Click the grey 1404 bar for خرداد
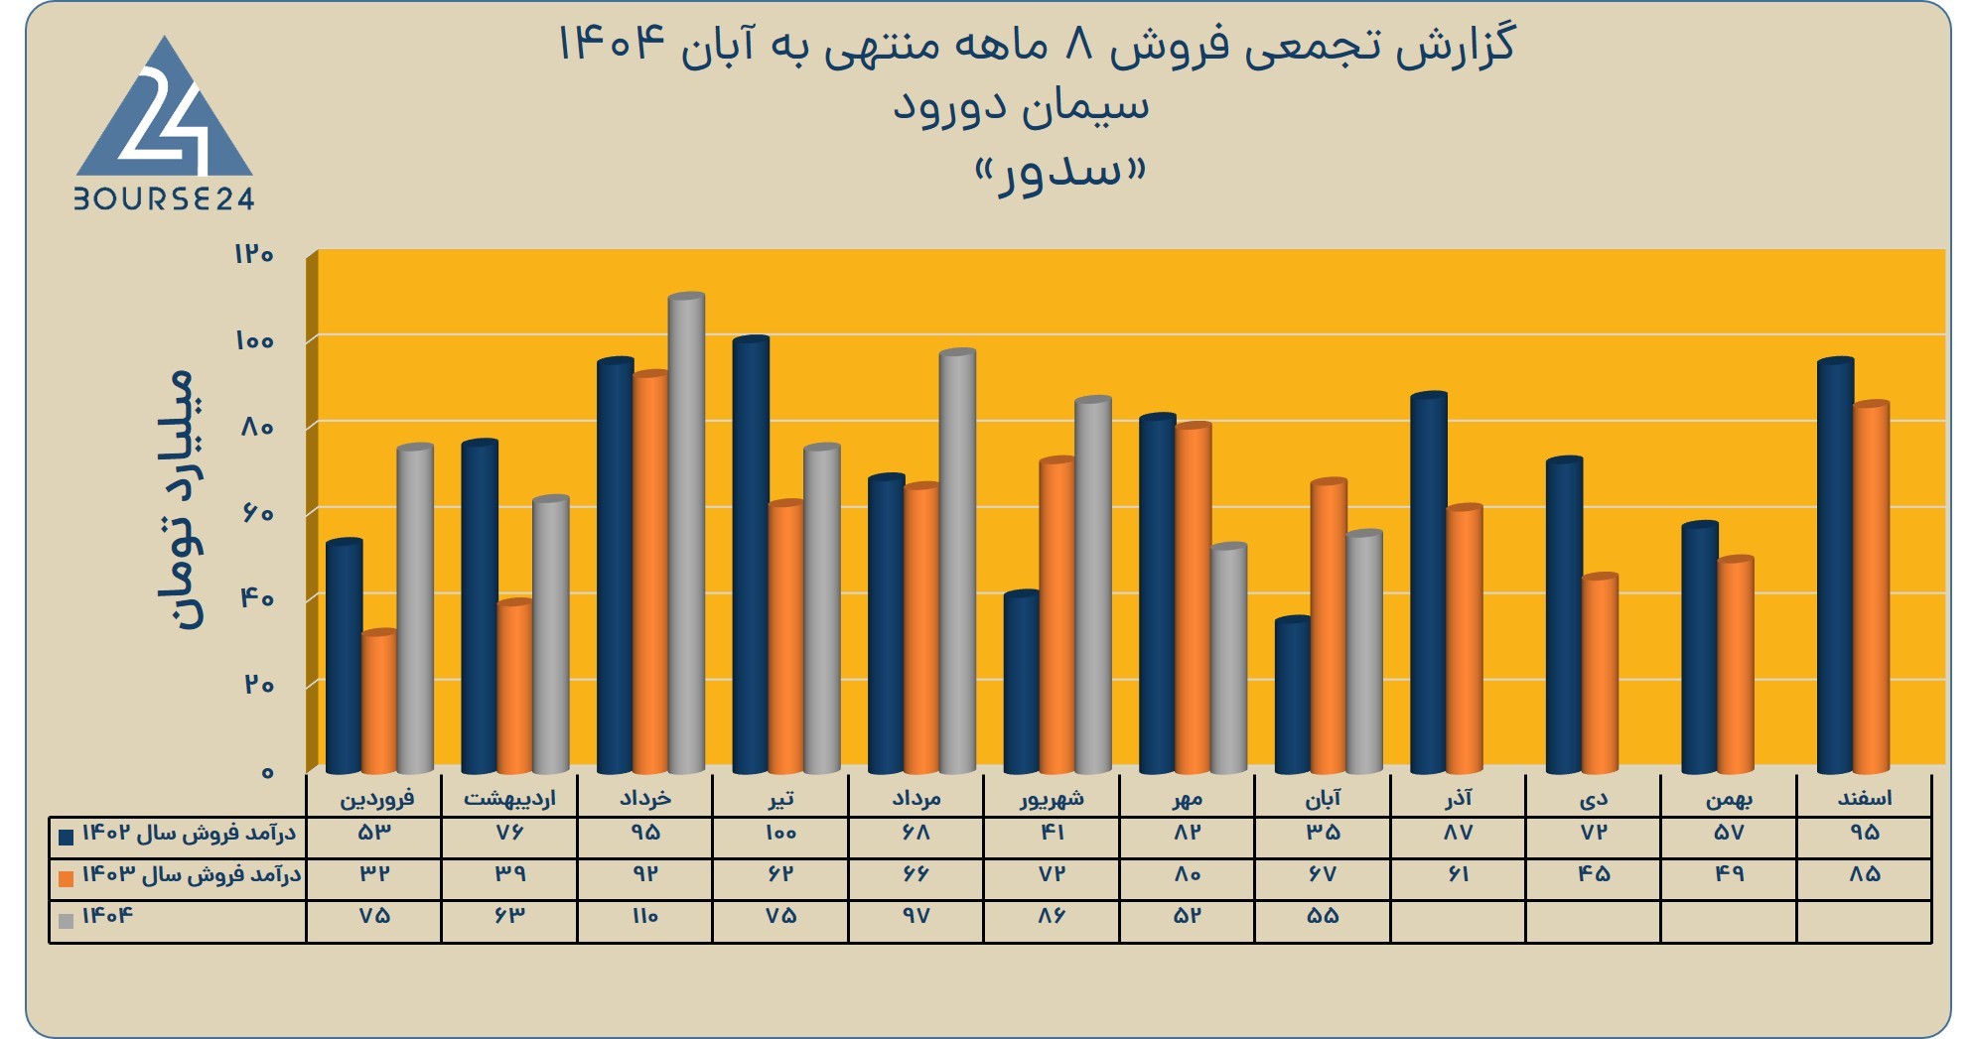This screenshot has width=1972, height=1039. (x=686, y=533)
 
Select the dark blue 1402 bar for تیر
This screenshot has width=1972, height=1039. (x=751, y=555)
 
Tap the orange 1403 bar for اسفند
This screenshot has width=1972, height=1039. (x=1871, y=587)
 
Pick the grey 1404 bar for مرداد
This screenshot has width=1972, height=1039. (x=957, y=561)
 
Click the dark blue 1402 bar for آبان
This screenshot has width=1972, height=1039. (x=1293, y=695)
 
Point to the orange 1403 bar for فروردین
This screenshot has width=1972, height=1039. (x=379, y=702)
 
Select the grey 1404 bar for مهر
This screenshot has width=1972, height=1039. (x=1228, y=658)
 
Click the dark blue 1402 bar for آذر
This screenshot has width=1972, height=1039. (x=1429, y=583)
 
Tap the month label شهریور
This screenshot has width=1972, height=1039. (x=1052, y=798)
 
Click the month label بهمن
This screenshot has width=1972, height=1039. (x=1729, y=798)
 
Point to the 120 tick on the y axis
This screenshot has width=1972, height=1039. (x=253, y=254)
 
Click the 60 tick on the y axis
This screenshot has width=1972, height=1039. (x=255, y=513)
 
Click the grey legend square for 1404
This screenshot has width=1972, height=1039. (x=67, y=921)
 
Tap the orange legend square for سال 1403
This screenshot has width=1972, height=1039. (x=67, y=879)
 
